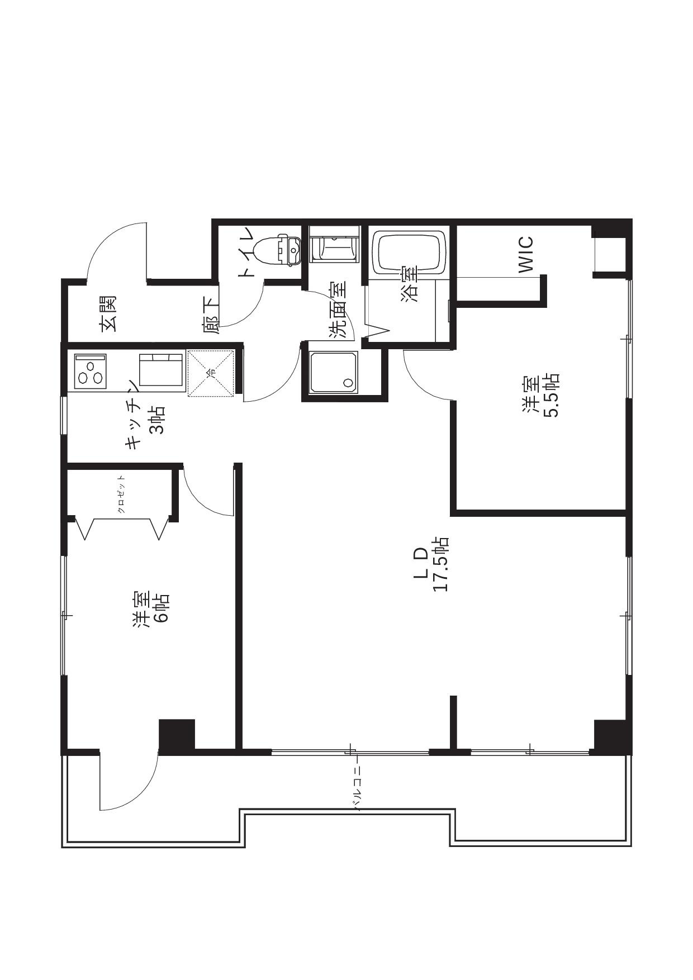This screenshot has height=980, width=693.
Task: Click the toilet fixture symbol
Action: pos(277,250)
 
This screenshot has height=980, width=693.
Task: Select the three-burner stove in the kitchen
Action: pos(89,370)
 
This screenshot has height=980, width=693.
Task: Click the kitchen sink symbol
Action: pos(161,369)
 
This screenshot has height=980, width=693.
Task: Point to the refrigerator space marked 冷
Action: pos(211,373)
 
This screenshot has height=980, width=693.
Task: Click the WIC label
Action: pos(526,255)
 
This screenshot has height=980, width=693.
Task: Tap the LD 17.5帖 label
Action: pos(431,564)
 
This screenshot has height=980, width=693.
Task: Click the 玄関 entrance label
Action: pos(108,314)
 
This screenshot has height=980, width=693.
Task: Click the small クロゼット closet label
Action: pos(121,494)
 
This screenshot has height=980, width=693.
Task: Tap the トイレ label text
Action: pos(246,252)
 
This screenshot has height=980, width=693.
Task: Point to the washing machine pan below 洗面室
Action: pos(334,372)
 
